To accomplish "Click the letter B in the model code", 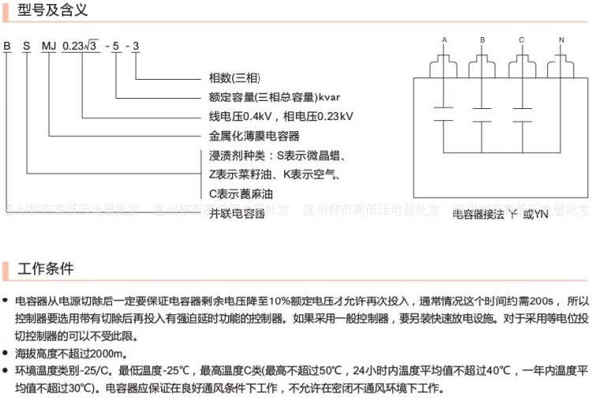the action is [x=6, y=46].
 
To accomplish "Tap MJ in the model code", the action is [x=49, y=46].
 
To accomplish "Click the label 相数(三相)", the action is [x=234, y=79].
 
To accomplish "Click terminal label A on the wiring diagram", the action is [x=444, y=39].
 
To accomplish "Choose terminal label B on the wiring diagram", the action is [x=483, y=39].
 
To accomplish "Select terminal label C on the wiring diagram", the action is [x=522, y=39].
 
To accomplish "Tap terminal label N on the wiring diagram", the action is [x=561, y=39].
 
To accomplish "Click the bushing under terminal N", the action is [x=561, y=63].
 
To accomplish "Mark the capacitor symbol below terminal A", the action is [x=444, y=112].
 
